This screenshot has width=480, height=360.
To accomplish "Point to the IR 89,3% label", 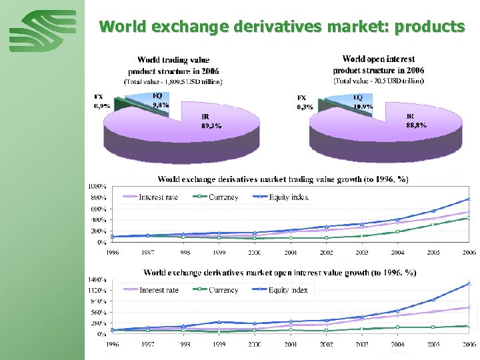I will click(211, 122).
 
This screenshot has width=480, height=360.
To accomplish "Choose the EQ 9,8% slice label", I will click(159, 101).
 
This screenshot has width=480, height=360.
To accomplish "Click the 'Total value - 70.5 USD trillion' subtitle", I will click(378, 81).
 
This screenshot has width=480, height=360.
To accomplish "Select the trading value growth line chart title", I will click(283, 179).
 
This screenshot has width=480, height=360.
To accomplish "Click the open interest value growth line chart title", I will click(280, 272).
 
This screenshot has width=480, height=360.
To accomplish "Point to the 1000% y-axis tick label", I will click(97, 186).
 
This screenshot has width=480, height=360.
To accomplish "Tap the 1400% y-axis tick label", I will click(97, 279).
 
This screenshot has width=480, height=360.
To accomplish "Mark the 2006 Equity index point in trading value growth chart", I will click(469, 199).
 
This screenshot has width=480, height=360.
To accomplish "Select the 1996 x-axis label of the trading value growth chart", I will click(114, 253).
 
